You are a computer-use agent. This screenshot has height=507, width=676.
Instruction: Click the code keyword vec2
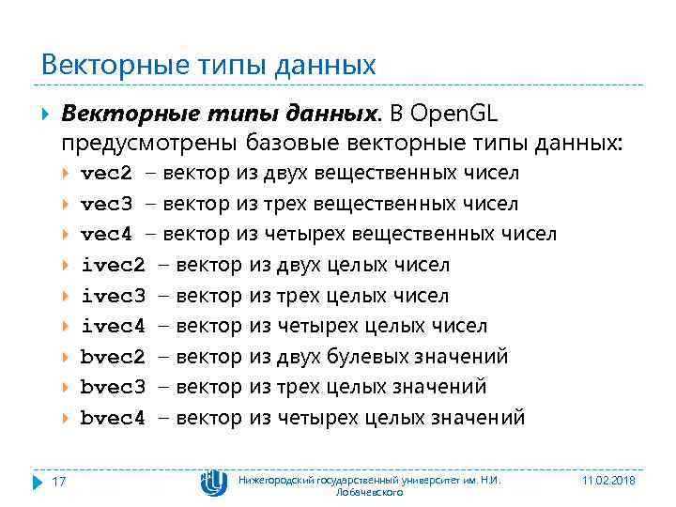point(106,174)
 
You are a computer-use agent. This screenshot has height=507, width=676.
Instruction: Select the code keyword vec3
point(106,204)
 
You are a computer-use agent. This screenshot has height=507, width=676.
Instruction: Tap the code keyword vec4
point(106,234)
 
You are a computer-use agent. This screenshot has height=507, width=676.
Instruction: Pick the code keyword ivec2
point(113,266)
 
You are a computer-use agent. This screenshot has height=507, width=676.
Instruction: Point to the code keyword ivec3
point(113,297)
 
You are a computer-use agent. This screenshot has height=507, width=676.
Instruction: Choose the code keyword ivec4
point(113,327)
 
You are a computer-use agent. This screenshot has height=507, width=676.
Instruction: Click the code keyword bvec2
point(113,357)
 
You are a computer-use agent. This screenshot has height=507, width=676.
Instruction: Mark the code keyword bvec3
point(113,387)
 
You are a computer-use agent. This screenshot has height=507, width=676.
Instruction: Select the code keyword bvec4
point(113,418)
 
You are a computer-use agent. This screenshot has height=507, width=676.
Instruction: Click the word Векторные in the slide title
point(98,66)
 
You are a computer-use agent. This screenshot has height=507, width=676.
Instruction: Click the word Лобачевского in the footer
point(369,492)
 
